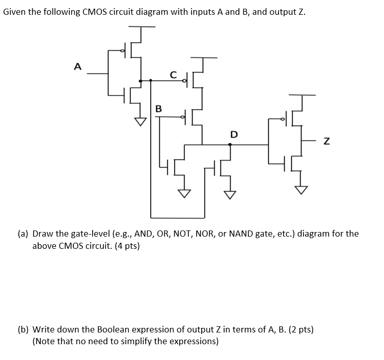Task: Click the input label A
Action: pos(77,66)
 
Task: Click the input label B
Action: pos(158,108)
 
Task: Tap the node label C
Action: pos(173,74)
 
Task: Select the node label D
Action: pos(234,135)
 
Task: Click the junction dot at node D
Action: pos(230,145)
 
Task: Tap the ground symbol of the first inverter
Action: pos(140,121)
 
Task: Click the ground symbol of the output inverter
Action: pos(302,190)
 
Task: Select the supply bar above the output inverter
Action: pos(302,95)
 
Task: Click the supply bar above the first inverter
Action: pos(140,26)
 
